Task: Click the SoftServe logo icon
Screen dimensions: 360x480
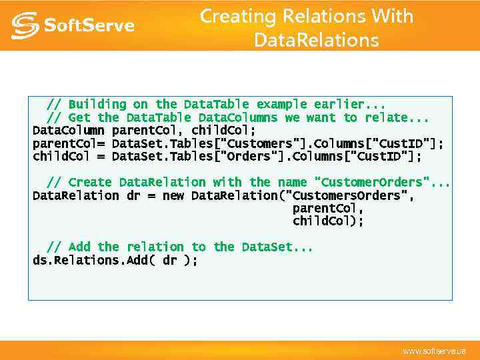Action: pos(25,25)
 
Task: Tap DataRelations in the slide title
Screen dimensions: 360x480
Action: pos(316,41)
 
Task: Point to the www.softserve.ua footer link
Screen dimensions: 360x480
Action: pos(434,351)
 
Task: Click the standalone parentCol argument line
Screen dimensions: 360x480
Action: pos(328,209)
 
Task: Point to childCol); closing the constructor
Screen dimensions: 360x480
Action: pos(328,221)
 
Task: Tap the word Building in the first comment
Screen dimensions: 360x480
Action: pos(97,105)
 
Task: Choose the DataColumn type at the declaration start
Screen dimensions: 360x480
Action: pos(68,131)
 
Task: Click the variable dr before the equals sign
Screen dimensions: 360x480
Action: pos(133,196)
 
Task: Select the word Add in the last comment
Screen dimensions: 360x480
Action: pos(79,247)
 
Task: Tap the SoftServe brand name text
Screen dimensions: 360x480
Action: pos(89,26)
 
